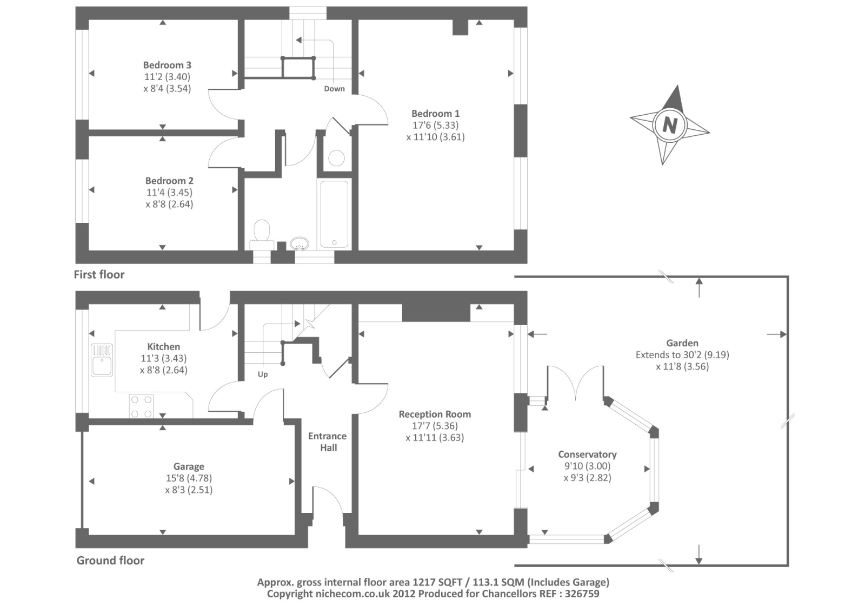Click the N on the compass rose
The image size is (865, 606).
(669, 125)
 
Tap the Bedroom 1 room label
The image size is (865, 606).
(435, 114)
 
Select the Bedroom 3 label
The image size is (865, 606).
(167, 65)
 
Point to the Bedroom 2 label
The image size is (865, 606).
(169, 181)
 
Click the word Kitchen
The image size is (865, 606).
(163, 347)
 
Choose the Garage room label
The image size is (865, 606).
(189, 466)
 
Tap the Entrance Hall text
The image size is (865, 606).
(328, 442)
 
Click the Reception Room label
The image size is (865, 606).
(435, 414)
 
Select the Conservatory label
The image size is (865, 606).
(587, 454)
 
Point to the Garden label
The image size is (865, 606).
(682, 343)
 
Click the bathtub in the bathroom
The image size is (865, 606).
(334, 214)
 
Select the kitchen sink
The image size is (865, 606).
(102, 360)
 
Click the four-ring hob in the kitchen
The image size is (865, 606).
(141, 406)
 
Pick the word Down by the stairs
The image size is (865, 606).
(334, 89)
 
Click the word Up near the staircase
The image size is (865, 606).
(263, 374)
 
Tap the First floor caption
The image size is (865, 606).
(99, 275)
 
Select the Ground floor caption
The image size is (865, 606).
(110, 561)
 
